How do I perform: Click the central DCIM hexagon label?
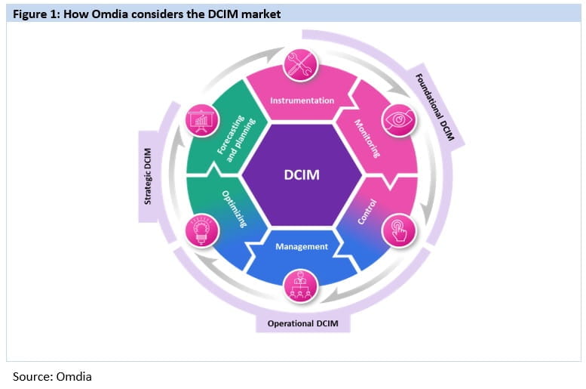pos(302,175)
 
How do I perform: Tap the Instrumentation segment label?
pos(302,100)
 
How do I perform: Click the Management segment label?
pos(302,246)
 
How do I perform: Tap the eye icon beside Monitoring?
pos(397,120)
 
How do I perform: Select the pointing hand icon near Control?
pos(397,231)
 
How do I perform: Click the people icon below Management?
pos(302,286)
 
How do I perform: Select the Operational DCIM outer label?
pos(302,325)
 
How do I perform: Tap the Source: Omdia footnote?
pos(52,375)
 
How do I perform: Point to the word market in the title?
pos(261,14)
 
